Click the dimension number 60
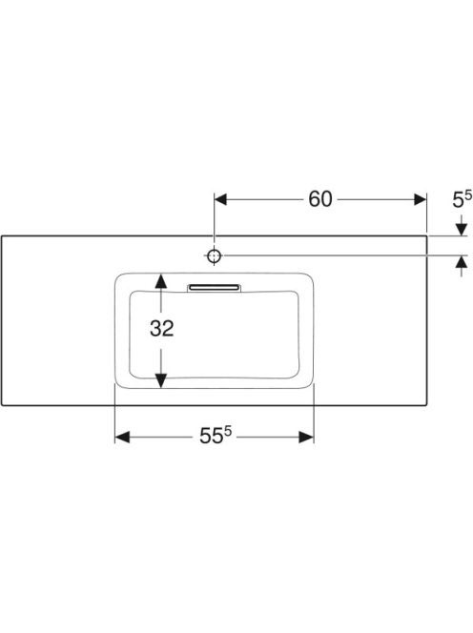tap(320, 199)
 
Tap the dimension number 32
tap(161, 328)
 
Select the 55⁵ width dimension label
tap(216, 435)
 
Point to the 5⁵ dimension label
tap(462, 199)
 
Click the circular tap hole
tap(214, 255)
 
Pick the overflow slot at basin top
tap(214, 288)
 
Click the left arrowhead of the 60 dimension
tap(220, 199)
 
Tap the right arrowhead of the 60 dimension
tap(421, 199)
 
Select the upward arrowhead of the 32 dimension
tap(161, 281)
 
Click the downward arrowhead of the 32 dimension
tap(161, 380)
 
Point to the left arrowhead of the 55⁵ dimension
tap(122, 437)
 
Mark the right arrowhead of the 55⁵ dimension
tap(306, 437)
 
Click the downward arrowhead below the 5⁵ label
tap(462, 230)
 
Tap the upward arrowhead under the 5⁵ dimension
tap(462, 262)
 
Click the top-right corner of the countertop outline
tap(426, 235)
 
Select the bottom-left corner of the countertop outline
tap(2, 405)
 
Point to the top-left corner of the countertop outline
tap(2, 235)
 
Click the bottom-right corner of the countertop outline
tap(426, 405)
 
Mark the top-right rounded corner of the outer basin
tap(310, 277)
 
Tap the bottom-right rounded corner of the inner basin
tap(295, 375)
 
